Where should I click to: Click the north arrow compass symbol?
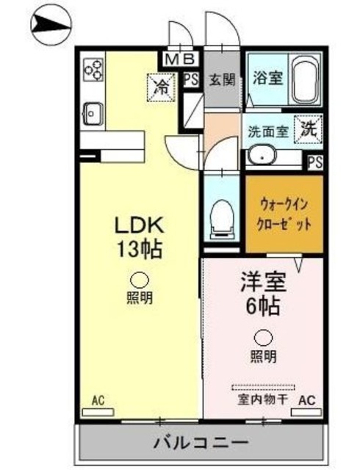[49, 27]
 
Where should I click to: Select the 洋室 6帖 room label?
[262, 292]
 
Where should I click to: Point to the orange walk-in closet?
[283, 214]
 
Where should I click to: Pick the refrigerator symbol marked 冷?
[160, 86]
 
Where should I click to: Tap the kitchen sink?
[94, 112]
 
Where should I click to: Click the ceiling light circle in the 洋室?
[262, 338]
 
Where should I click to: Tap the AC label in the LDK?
[98, 399]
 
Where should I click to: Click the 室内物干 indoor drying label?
[262, 399]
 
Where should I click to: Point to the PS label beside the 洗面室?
[314, 162]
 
